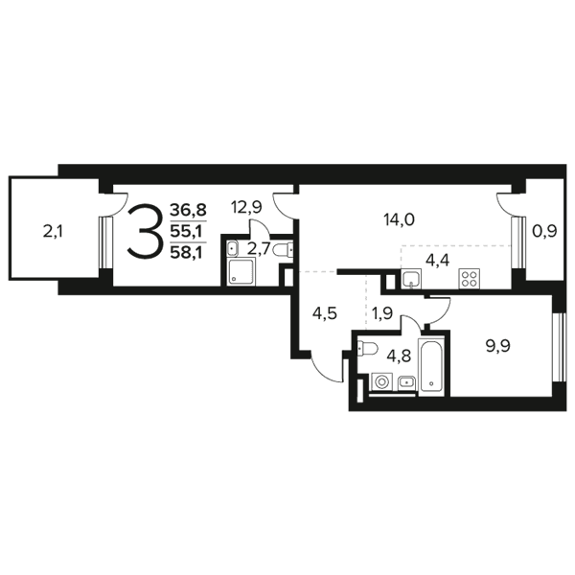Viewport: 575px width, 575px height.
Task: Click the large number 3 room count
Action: (x=144, y=231)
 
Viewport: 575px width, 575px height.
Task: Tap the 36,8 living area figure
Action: (x=189, y=211)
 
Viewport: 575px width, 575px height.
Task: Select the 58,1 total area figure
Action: (x=189, y=253)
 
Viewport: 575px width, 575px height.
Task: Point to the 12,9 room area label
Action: (x=246, y=208)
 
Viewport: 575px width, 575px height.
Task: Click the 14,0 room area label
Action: (x=399, y=220)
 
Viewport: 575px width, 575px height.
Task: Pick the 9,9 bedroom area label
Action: (x=497, y=346)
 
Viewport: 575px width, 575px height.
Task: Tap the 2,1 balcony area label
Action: (x=53, y=232)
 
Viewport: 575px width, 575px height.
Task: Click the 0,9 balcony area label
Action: (x=544, y=232)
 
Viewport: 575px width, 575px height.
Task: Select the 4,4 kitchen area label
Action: (x=438, y=261)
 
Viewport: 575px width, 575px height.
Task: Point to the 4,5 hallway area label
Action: (x=325, y=314)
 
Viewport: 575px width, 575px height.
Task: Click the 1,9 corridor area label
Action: (x=382, y=314)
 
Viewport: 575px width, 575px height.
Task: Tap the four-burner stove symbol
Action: (x=470, y=279)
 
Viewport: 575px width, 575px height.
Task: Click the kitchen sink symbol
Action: (x=411, y=279)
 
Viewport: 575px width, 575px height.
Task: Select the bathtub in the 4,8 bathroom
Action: (x=431, y=366)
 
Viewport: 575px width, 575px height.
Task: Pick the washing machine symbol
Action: (x=381, y=382)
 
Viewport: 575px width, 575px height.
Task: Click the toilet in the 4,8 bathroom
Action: (x=367, y=348)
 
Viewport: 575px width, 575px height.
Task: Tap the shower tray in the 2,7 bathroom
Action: (x=241, y=271)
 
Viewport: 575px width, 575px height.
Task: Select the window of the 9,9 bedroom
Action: (x=558, y=348)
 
